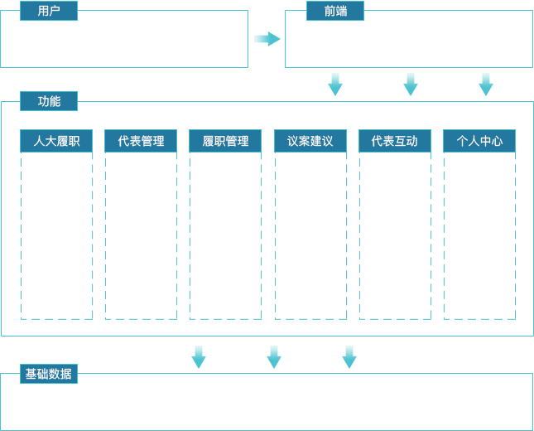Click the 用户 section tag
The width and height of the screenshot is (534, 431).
[x=49, y=11]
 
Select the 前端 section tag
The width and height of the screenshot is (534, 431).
[x=335, y=11]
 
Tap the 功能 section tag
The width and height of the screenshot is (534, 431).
[x=49, y=101]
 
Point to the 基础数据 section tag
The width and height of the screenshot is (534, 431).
[x=49, y=374]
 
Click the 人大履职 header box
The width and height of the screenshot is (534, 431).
[x=56, y=141]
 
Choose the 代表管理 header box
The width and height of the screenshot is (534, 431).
[x=141, y=141]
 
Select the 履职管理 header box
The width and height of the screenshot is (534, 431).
[x=225, y=141]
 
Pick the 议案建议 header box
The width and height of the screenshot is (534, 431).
[x=310, y=141]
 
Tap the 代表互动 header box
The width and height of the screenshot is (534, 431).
[x=394, y=141]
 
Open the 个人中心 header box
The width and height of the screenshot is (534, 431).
[x=479, y=141]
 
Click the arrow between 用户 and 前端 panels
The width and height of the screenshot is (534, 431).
[x=267, y=38]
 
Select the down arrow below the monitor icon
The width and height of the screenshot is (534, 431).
[x=411, y=85]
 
